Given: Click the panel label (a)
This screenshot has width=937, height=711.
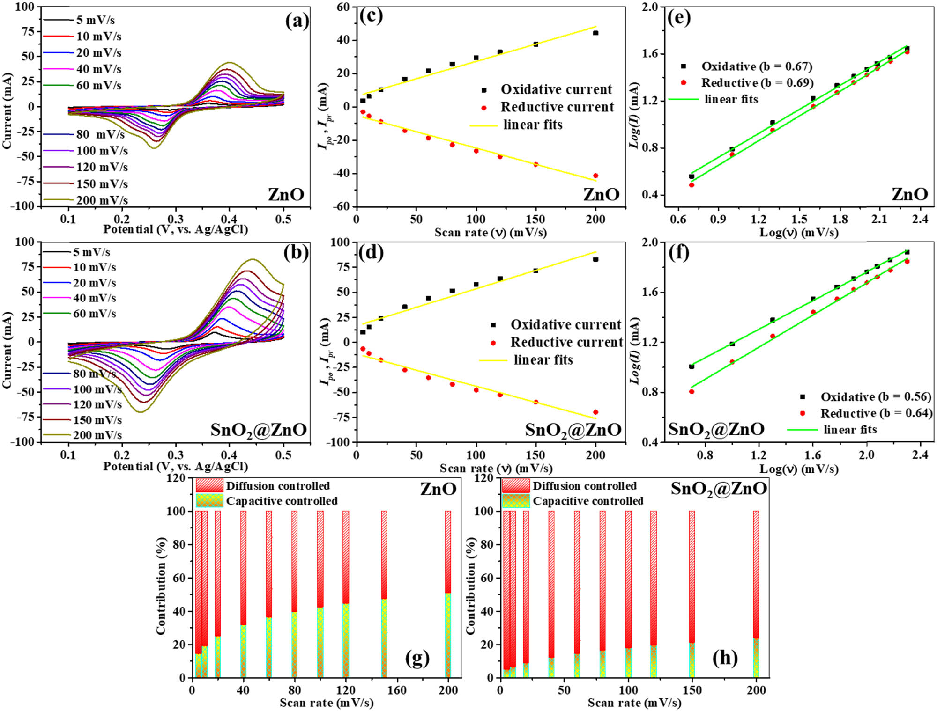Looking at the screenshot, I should [x=297, y=21].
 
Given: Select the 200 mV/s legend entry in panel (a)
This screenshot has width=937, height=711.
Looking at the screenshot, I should [x=102, y=200].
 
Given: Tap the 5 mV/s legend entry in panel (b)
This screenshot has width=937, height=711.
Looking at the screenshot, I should [x=91, y=252].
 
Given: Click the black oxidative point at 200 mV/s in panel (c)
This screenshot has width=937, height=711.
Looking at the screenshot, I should [x=595, y=33].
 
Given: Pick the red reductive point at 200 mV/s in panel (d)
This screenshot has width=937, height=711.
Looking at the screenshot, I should [x=595, y=412].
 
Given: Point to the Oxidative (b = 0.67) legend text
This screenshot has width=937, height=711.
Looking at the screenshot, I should [x=756, y=66].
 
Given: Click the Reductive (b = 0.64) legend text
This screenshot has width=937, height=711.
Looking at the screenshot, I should [x=876, y=413].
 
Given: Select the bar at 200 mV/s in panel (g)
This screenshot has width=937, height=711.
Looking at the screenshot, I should [x=448, y=594].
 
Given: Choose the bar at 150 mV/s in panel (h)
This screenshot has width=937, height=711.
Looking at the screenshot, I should [x=692, y=594].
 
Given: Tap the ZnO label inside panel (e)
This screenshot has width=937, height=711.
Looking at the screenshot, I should [x=909, y=194].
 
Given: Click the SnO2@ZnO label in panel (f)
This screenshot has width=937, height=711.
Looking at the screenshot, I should [x=716, y=429].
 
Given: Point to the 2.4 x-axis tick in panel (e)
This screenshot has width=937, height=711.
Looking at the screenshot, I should [x=920, y=219].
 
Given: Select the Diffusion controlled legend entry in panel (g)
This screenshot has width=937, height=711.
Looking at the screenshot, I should [x=278, y=486].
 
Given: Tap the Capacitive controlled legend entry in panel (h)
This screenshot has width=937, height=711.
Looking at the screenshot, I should [x=587, y=501].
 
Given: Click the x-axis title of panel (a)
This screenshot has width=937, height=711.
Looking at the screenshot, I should [x=175, y=230].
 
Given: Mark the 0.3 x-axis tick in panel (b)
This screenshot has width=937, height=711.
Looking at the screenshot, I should [x=176, y=455].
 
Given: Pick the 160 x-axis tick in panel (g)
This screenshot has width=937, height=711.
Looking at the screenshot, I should [x=397, y=690].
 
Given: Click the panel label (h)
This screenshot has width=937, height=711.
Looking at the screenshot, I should [x=725, y=658].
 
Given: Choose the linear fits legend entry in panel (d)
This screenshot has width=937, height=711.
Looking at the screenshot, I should [x=543, y=360].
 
